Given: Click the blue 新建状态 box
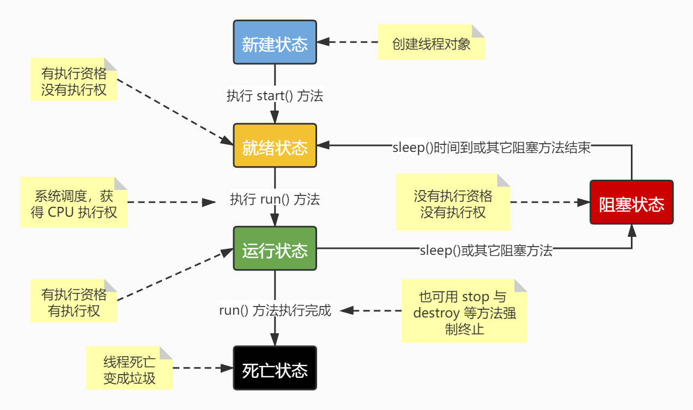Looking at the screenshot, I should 275,42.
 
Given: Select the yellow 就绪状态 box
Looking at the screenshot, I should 275,146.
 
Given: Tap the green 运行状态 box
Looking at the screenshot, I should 275,249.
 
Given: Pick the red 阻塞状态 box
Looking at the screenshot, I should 631,202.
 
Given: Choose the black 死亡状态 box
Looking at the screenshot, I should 275,368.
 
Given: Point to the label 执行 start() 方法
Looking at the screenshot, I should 275,96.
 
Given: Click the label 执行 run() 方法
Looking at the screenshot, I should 275,199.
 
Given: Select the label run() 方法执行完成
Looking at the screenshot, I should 275,311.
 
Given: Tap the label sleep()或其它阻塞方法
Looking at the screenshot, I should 486,250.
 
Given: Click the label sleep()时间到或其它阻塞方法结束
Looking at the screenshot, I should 491,148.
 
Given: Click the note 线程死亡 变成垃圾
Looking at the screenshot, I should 129,368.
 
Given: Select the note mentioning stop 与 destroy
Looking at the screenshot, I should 464,311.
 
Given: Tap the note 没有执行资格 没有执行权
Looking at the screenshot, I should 453,203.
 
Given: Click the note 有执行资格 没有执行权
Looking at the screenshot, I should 74,79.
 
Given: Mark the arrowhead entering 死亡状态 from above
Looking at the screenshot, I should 275,340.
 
